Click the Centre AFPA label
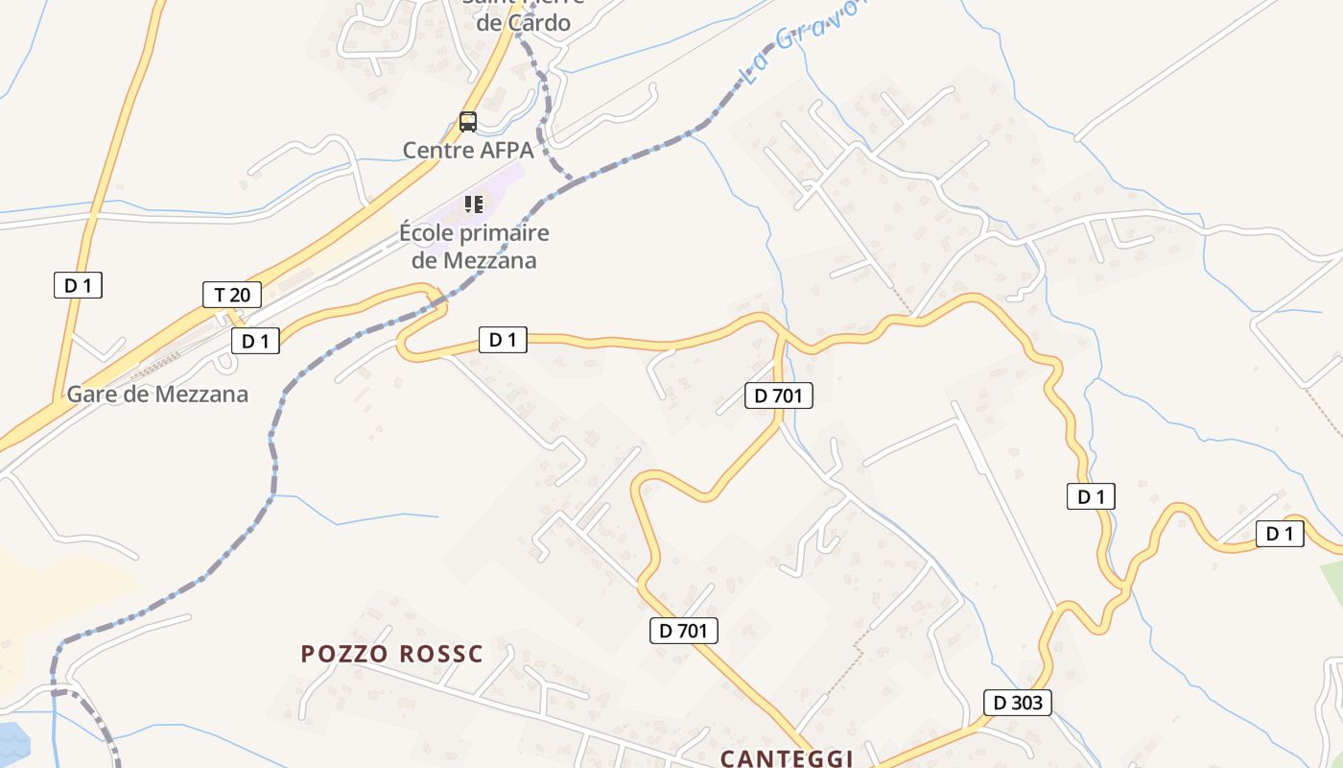[x=467, y=150]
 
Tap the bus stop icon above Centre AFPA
[x=468, y=122]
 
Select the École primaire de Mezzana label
[x=474, y=246]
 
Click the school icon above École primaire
[x=473, y=204]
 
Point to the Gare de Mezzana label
[x=157, y=394]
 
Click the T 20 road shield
[x=232, y=295]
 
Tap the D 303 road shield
[x=1018, y=702]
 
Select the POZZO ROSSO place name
[x=392, y=655]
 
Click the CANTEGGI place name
[x=787, y=758]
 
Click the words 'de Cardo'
[x=523, y=23]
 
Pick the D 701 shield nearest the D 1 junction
[x=778, y=395]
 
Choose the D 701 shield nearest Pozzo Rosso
[x=684, y=631]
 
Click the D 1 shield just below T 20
[x=255, y=341]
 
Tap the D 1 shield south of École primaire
[x=503, y=339]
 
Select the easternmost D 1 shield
[x=1280, y=534]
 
